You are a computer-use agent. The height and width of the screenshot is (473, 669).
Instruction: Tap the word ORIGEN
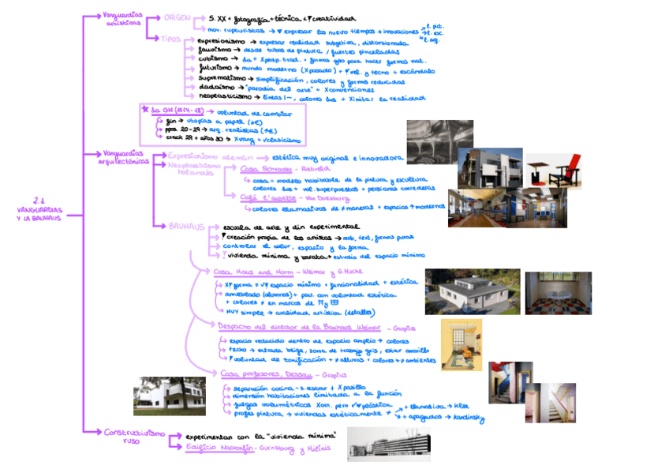pyautogui.click(x=178, y=17)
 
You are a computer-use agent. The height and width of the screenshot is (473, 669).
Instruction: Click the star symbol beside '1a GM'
pyautogui.click(x=144, y=109)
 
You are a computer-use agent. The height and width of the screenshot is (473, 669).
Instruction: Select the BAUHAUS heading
pyautogui.click(x=186, y=226)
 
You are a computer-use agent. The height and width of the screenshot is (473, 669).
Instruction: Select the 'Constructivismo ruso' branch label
pyautogui.click(x=133, y=436)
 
